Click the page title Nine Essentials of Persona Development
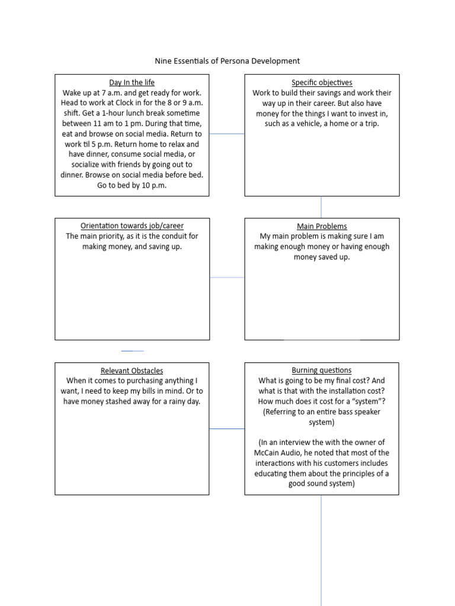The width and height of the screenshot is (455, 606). (x=227, y=61)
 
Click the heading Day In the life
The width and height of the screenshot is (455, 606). (x=132, y=83)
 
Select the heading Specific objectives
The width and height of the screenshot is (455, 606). (x=322, y=83)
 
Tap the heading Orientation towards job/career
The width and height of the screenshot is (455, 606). (x=132, y=226)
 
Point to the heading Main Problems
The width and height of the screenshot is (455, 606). (x=322, y=226)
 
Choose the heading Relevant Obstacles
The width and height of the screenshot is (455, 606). (x=132, y=370)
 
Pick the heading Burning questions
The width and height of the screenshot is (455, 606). (x=322, y=370)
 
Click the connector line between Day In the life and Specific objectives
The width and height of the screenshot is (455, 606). (x=227, y=134)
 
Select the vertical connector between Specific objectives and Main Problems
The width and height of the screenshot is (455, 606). (x=321, y=207)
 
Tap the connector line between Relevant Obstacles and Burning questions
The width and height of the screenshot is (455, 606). (x=227, y=428)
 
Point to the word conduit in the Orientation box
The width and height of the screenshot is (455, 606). (x=165, y=236)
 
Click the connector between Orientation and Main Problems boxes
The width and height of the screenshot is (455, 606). (x=227, y=277)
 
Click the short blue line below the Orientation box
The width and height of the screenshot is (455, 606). (x=132, y=351)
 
